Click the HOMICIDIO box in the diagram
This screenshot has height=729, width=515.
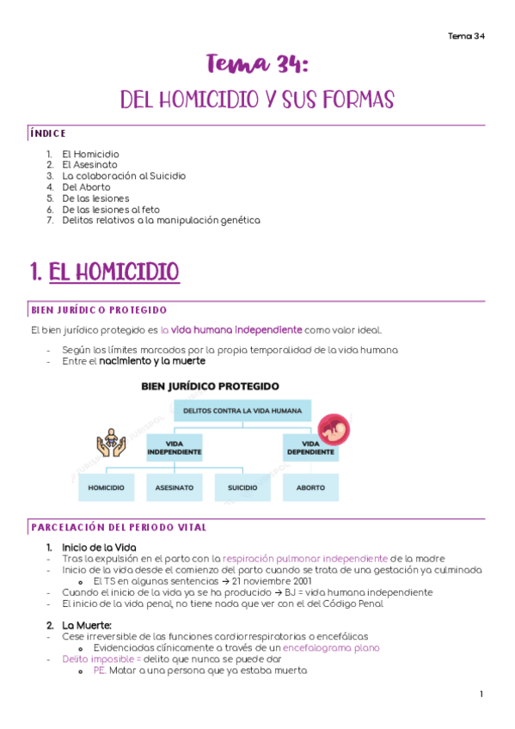tap(106, 487)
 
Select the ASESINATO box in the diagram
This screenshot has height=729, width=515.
tap(174, 487)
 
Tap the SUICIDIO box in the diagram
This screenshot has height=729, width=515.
tap(242, 487)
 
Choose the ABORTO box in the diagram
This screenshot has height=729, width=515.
tap(310, 487)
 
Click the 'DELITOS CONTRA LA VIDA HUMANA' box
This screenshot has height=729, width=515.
tap(242, 411)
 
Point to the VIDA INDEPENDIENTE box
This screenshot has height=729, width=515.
tap(174, 447)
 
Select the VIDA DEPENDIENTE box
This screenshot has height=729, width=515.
tap(310, 447)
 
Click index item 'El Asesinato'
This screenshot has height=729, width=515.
tap(89, 164)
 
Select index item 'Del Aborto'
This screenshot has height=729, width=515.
tap(86, 187)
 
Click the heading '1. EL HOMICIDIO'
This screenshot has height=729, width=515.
tap(104, 273)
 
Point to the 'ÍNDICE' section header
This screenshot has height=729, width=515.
tap(48, 133)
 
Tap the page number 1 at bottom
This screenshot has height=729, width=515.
tap(481, 694)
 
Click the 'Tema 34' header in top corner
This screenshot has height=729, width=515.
tap(466, 36)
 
